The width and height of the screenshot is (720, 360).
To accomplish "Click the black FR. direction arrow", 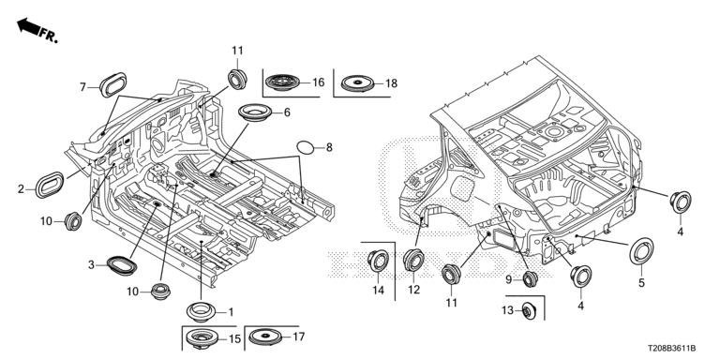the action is tap(27, 26).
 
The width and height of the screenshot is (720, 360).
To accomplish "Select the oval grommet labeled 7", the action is tap(112, 84).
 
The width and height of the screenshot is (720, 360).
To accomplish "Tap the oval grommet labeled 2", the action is tap(50, 185).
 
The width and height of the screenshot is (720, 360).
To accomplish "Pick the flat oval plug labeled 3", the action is tap(122, 266).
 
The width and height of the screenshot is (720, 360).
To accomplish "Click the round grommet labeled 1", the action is tap(202, 312).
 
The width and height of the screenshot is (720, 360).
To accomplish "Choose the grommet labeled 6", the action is tap(255, 112).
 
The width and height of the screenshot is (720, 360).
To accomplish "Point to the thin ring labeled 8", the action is tap(305, 147).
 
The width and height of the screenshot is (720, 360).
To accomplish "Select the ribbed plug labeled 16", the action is tap(282, 82).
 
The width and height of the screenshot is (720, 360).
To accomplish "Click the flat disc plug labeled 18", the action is tap(358, 83).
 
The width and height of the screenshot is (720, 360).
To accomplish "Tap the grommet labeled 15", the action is tap(203, 339).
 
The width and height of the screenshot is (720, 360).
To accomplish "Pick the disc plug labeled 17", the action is tap(265, 337).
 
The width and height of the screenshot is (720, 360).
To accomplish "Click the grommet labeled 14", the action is tap(379, 262).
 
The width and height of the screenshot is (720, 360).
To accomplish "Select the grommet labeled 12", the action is tap(413, 260).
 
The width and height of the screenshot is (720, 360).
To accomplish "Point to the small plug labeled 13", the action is tap(529, 312).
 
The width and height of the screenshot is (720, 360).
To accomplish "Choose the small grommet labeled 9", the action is tap(530, 278).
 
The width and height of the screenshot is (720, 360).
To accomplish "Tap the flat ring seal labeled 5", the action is tap(641, 251).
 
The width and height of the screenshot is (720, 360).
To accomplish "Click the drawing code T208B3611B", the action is tap(672, 349).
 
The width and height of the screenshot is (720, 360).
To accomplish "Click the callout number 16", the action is tap(318, 82).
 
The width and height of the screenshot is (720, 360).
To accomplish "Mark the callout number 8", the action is tap(329, 147).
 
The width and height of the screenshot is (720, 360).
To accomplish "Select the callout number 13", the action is tap(507, 311).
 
